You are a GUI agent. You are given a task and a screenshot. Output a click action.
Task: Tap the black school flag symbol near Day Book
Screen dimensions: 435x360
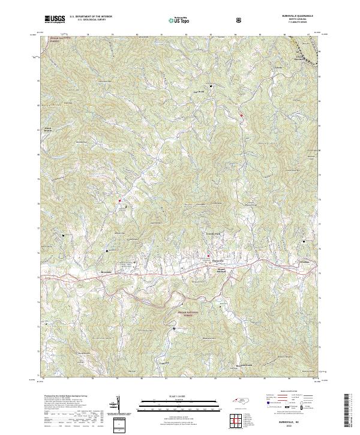click(211, 85)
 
